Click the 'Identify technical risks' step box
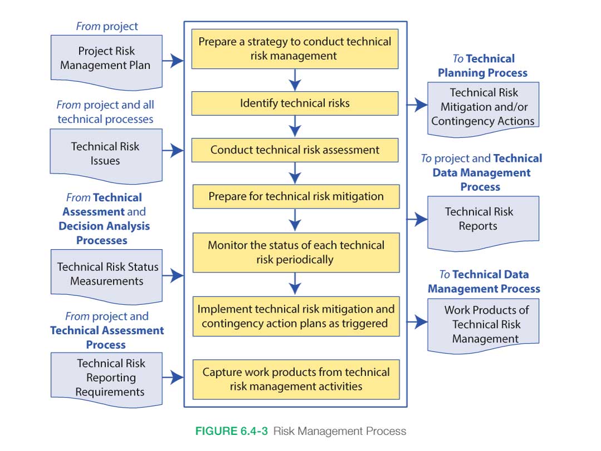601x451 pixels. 295,103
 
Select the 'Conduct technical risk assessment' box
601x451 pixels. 295,150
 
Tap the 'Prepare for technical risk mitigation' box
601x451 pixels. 295,196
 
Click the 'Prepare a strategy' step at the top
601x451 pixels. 295,49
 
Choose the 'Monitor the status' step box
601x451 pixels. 295,252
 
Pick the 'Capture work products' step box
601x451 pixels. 295,379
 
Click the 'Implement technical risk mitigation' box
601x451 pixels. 295,316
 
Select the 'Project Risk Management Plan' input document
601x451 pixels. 106,59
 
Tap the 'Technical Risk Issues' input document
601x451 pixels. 106,154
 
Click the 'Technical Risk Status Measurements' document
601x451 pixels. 106,274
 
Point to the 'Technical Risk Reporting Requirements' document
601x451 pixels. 106,378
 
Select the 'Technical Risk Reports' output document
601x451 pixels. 482,220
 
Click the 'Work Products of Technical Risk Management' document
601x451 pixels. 482,324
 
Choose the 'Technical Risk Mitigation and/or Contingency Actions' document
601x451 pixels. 482,107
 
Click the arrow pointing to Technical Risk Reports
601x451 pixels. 417,219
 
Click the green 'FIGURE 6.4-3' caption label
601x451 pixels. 231,431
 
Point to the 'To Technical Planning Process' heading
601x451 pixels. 482,66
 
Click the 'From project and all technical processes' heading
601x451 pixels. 105,112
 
